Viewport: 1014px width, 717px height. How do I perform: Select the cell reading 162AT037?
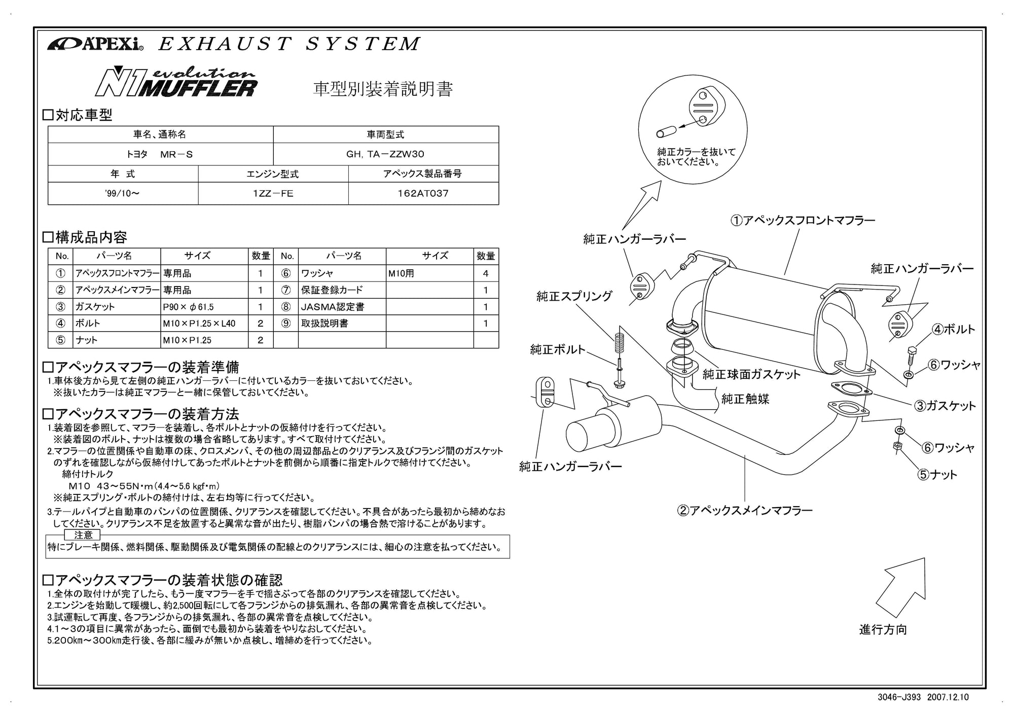(423, 193)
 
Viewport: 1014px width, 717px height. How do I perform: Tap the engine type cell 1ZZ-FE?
(273, 193)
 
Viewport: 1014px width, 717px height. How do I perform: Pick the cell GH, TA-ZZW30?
(385, 154)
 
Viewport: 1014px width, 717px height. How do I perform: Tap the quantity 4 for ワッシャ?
(485, 273)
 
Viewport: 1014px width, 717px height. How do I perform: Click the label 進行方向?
(883, 629)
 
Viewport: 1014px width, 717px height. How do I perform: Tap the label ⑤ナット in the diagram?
(937, 475)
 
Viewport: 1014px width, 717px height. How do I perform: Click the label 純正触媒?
(745, 399)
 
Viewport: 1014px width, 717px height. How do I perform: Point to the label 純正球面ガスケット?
(751, 374)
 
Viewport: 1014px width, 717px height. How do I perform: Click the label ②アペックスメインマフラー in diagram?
(744, 510)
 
